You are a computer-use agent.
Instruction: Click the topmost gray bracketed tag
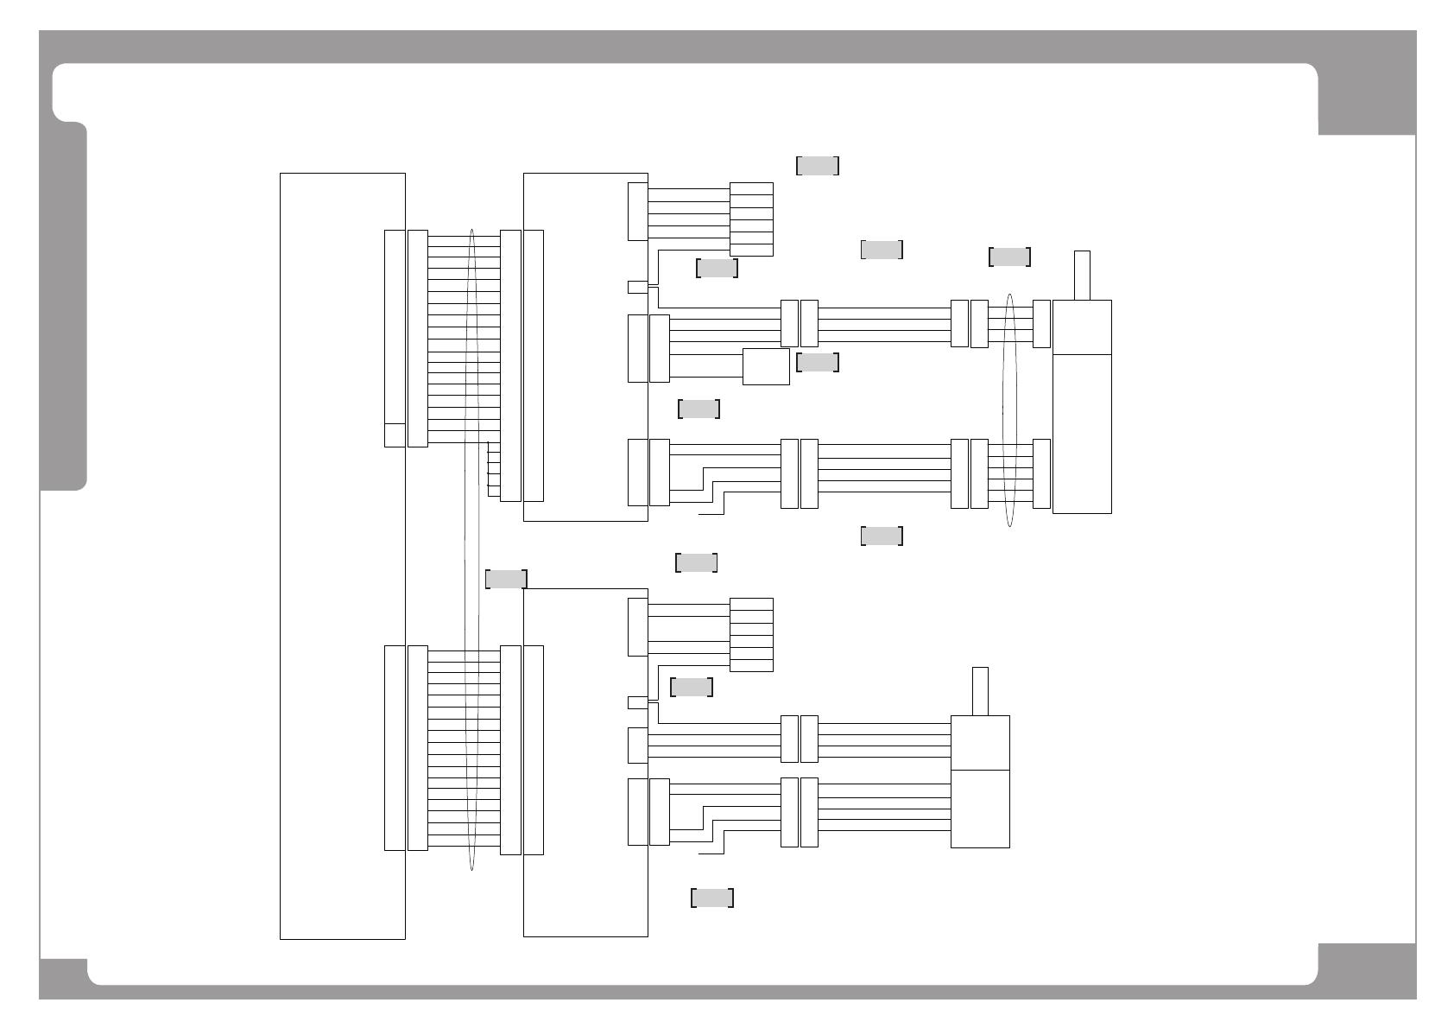pos(818,166)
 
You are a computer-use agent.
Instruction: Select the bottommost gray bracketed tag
pos(712,898)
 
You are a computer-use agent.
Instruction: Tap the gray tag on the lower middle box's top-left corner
pos(507,579)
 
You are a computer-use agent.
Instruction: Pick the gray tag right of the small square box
pos(817,363)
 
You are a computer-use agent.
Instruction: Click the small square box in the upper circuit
pos(766,366)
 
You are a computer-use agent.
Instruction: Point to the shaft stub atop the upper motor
pos(1082,275)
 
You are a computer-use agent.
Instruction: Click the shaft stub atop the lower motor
pos(980,691)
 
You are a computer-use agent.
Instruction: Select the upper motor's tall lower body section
pos(1082,434)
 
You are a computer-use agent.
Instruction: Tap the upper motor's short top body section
pos(1082,327)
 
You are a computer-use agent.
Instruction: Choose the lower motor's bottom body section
pos(980,809)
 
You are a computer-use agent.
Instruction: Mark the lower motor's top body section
pos(980,742)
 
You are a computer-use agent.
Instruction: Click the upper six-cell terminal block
pos(751,219)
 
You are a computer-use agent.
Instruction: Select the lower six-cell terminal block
pos(751,635)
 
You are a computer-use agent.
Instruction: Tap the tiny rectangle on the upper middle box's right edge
pos(637,287)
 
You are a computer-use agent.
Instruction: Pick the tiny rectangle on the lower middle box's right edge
pos(637,702)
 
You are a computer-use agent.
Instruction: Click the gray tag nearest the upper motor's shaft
pos(1009,257)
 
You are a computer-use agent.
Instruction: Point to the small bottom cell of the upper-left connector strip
pos(395,435)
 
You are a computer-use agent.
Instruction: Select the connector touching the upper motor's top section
pos(1042,324)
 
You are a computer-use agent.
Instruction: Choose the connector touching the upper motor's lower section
pos(1042,473)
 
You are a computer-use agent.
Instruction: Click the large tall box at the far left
pos(343,555)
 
